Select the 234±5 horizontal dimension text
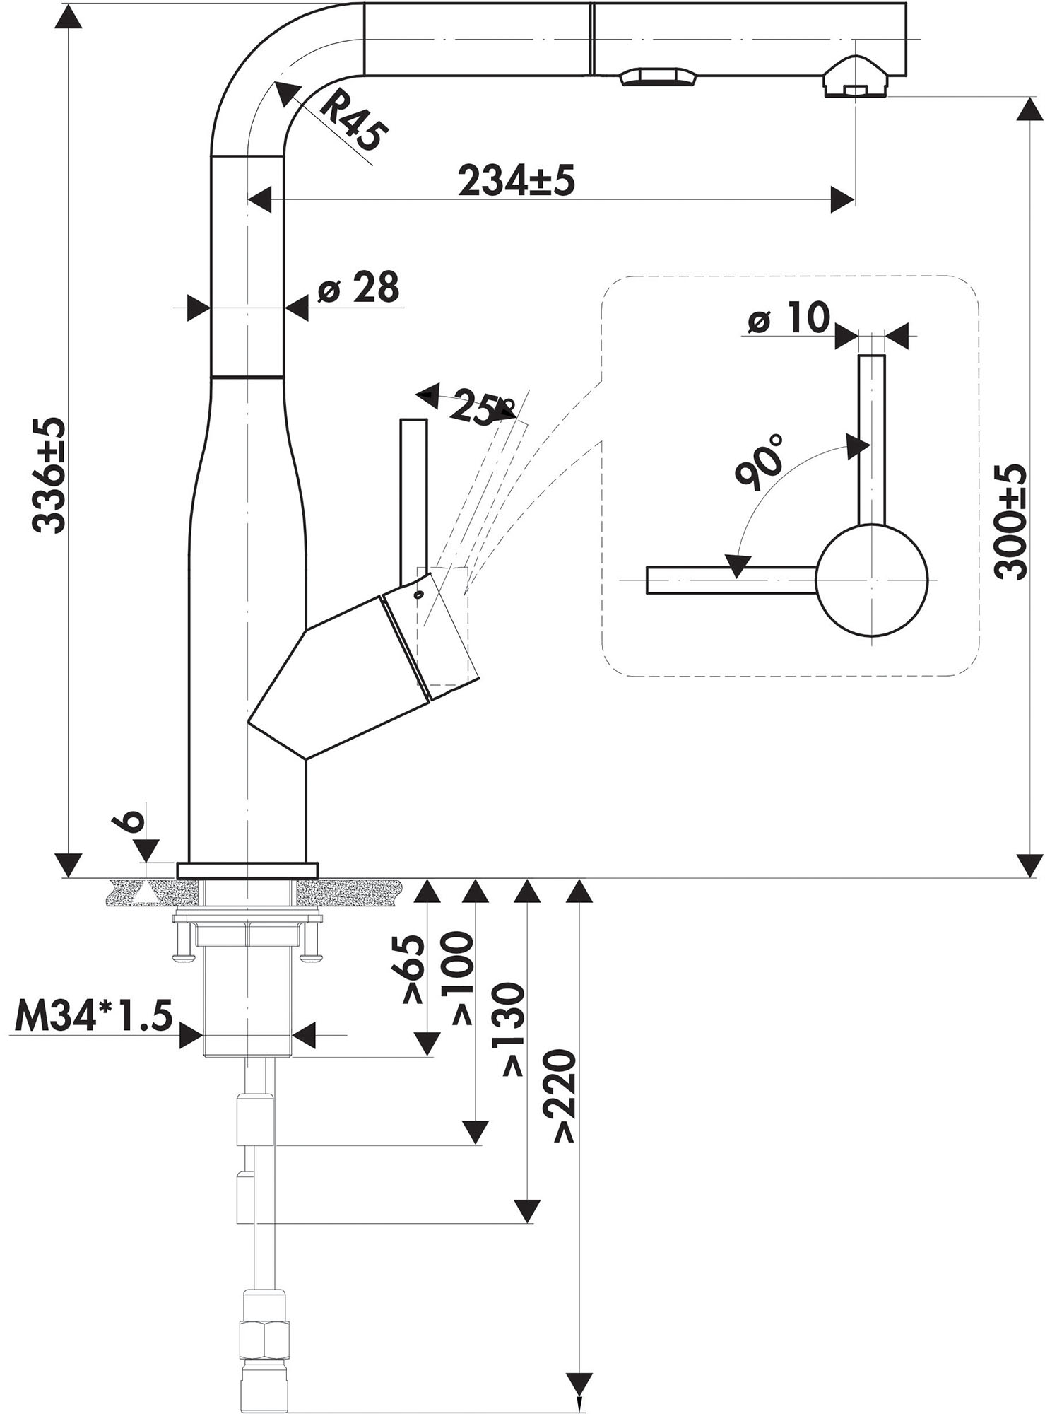(516, 181)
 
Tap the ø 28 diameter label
(358, 287)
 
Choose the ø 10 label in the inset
(789, 319)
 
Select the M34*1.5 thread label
(93, 1017)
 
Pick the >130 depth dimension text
(514, 1029)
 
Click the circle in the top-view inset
(870, 580)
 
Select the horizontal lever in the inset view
(731, 580)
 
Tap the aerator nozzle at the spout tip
(856, 79)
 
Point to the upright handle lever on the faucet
(413, 498)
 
